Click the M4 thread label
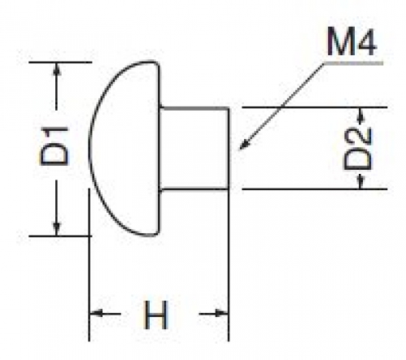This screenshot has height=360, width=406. click(351, 41)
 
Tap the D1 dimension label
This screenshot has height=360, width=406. click(54, 145)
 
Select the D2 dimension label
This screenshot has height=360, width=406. click(357, 149)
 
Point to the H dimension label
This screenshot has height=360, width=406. click(155, 314)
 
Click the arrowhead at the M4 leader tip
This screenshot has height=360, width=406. click(244, 144)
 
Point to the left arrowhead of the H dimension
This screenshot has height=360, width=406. click(96, 314)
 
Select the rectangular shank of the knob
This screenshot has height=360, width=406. click(194, 149)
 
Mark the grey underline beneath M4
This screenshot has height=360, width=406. click(353, 63)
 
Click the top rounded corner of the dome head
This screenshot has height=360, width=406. click(155, 63)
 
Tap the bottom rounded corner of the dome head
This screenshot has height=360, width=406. click(155, 233)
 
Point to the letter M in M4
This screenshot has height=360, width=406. click(339, 41)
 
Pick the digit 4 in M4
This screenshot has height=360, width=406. click(365, 41)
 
